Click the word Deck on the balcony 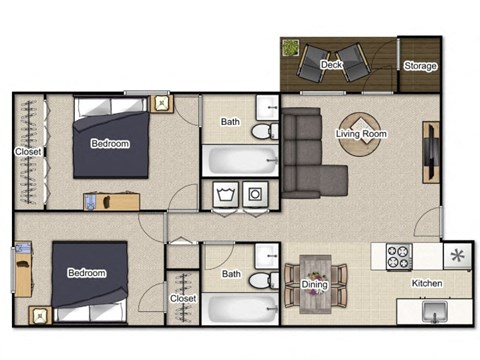click(333, 65)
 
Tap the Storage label click(419, 66)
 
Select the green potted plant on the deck click(291, 48)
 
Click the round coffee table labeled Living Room click(361, 134)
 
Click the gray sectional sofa click(303, 150)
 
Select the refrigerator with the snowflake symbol click(457, 256)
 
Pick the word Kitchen click(427, 284)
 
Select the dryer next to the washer click(256, 193)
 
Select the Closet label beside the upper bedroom click(28, 152)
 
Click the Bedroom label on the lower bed click(87, 273)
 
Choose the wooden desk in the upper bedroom click(107, 200)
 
